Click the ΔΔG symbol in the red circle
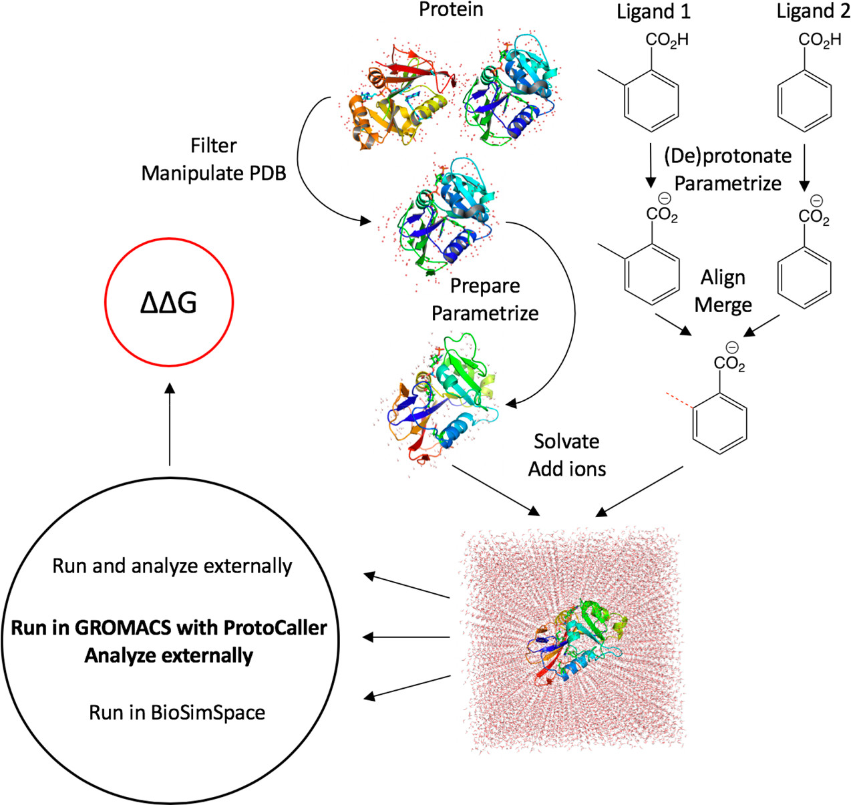[x=169, y=303]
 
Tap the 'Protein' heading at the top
[x=451, y=9]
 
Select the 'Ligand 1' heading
[x=653, y=11]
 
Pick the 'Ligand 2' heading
[x=813, y=11]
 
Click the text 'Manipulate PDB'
[x=214, y=173]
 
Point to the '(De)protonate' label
[x=727, y=156]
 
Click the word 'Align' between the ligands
[x=723, y=277]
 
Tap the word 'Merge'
[x=723, y=305]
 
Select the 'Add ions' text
[x=567, y=468]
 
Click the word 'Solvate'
[x=566, y=441]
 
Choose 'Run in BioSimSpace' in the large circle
[x=177, y=712]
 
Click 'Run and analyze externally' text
[x=172, y=566]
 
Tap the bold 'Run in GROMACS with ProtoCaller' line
[x=169, y=628]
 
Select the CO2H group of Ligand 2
[x=820, y=40]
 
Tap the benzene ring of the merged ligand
[x=720, y=423]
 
